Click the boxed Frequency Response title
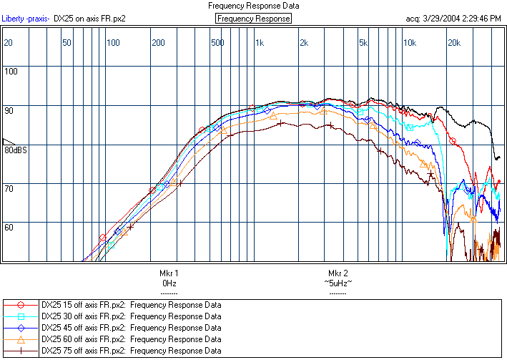[x=254, y=19]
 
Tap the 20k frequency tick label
[x=454, y=43]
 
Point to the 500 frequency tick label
[x=217, y=43]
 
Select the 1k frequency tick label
[x=260, y=43]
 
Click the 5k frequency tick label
[x=363, y=43]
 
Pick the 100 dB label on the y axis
[x=11, y=71]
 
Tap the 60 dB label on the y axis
[x=10, y=226]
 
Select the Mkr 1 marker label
[x=169, y=273]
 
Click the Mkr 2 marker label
[x=338, y=273]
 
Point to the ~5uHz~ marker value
[x=338, y=283]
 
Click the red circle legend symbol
[x=21, y=305]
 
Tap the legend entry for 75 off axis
[x=131, y=351]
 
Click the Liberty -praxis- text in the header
[x=26, y=19]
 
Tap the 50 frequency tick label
[x=67, y=43]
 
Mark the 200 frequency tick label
[x=158, y=43]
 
